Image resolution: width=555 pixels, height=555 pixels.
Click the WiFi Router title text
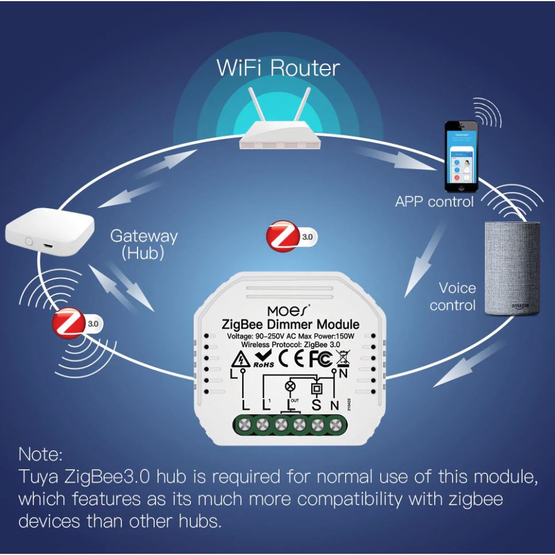click(x=278, y=68)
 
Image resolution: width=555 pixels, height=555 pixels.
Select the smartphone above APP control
click(x=461, y=156)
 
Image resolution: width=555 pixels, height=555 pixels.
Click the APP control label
click(x=434, y=201)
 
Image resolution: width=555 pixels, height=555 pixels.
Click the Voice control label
click(x=453, y=296)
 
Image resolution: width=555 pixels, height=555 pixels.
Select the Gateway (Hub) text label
click(x=143, y=244)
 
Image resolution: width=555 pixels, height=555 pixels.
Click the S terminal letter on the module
click(x=316, y=405)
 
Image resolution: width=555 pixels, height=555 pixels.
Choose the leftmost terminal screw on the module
click(x=244, y=425)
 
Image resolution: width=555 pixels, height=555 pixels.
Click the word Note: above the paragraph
click(x=40, y=454)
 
